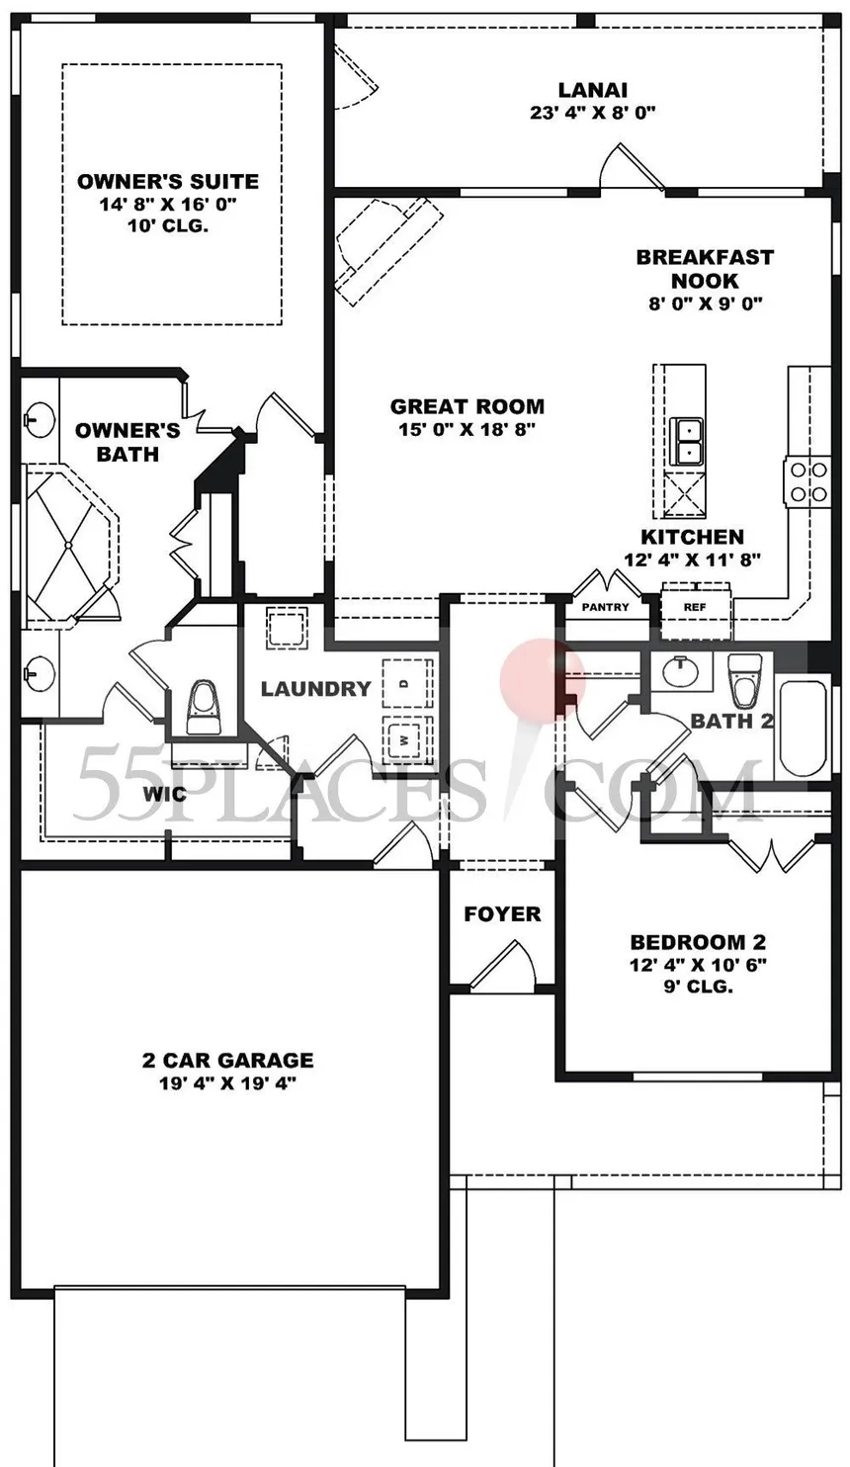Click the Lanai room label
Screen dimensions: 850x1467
tap(593, 90)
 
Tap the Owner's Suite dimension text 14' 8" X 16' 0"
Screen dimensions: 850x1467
tap(168, 204)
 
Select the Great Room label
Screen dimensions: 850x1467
tap(467, 406)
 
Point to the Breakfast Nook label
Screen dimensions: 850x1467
tap(706, 269)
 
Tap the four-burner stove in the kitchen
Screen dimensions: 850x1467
tap(808, 481)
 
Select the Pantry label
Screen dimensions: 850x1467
tap(605, 607)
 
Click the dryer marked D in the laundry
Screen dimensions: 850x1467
tap(407, 683)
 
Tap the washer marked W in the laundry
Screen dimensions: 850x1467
tap(407, 739)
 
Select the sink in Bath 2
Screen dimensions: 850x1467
tap(680, 671)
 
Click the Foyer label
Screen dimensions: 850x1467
tap(502, 913)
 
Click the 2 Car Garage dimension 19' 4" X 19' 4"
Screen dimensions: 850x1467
tap(228, 1082)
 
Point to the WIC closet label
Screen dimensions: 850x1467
tap(164, 795)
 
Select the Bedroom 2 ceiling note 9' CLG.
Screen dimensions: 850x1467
tap(698, 986)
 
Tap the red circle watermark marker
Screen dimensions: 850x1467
tap(543, 681)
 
